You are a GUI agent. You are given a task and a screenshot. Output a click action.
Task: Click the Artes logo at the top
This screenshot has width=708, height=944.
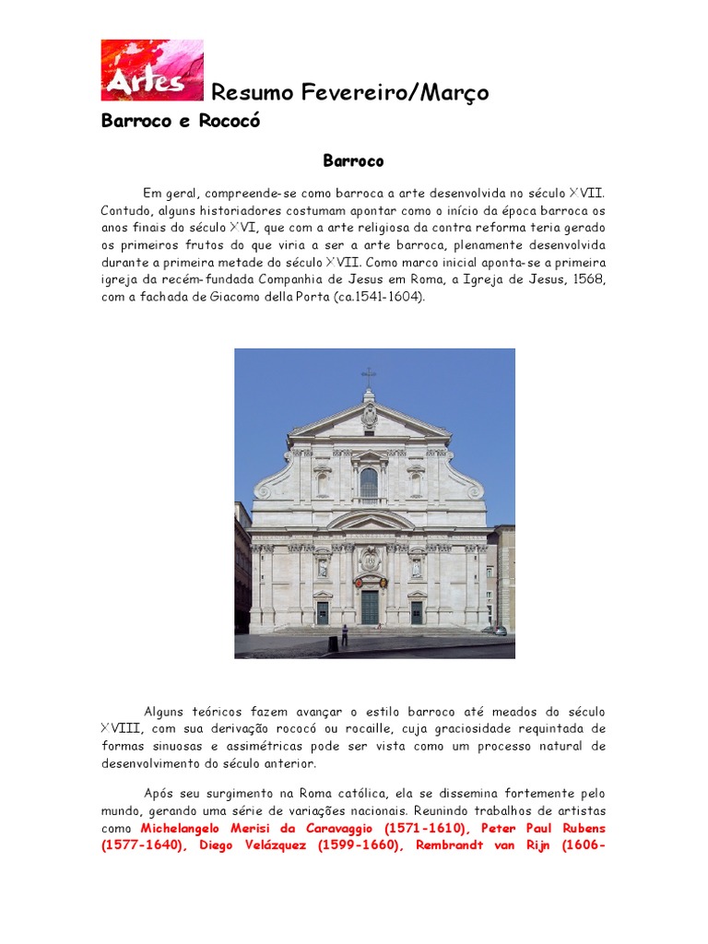pyautogui.click(x=152, y=70)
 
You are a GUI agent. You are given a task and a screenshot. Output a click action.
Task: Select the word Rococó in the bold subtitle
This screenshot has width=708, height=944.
pyautogui.click(x=230, y=122)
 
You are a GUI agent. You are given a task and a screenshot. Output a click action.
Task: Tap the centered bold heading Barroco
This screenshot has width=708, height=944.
pyautogui.click(x=353, y=161)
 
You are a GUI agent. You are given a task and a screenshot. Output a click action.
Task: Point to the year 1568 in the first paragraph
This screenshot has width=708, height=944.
pyautogui.click(x=588, y=280)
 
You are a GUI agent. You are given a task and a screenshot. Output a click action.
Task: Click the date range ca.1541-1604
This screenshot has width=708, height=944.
pyautogui.click(x=379, y=298)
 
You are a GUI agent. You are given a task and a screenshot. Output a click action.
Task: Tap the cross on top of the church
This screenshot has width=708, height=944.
pyautogui.click(x=369, y=376)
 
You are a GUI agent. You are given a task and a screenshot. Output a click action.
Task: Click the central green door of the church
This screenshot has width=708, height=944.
pyautogui.click(x=369, y=607)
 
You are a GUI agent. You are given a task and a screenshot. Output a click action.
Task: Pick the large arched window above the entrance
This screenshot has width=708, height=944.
pyautogui.click(x=369, y=482)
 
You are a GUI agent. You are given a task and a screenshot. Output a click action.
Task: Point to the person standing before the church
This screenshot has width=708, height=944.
pyautogui.click(x=344, y=634)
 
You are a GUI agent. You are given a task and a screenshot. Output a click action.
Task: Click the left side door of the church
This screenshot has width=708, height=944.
pyautogui.click(x=322, y=612)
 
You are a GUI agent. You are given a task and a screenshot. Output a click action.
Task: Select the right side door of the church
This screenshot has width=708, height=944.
pyautogui.click(x=416, y=612)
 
